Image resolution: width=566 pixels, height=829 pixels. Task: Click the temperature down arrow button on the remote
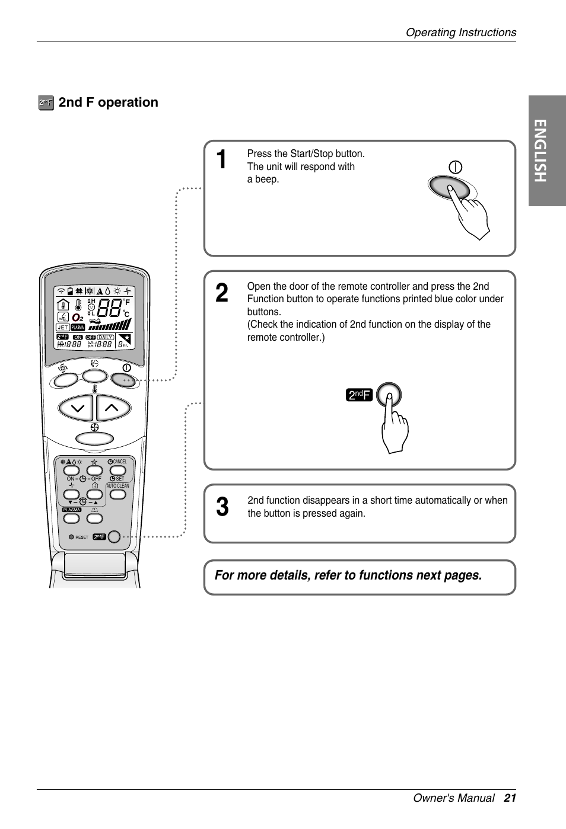tap(77, 408)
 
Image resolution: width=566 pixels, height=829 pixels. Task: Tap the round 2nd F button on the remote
tap(114, 536)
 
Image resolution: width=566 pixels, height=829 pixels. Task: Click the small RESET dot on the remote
tap(71, 537)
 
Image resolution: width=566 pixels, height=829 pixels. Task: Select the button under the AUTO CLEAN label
tap(118, 494)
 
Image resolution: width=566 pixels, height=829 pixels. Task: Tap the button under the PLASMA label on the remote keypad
tap(72, 518)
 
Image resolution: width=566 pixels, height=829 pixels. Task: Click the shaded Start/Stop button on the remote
tap(123, 380)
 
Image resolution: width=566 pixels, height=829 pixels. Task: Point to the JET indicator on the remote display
tap(62, 327)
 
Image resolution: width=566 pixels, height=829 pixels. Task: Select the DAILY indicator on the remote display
tap(106, 337)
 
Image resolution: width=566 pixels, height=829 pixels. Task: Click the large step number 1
tap(221, 160)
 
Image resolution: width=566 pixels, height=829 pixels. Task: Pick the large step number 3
tap(222, 507)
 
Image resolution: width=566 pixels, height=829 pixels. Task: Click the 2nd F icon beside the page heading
tap(46, 103)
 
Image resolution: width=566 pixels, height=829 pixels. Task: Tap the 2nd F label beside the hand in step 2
tap(359, 395)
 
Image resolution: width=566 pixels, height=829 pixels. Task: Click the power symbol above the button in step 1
tap(455, 167)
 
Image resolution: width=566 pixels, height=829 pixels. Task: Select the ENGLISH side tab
tap(547, 151)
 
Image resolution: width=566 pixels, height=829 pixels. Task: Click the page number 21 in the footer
tap(510, 798)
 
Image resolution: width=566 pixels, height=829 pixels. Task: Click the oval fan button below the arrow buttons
tap(95, 438)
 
